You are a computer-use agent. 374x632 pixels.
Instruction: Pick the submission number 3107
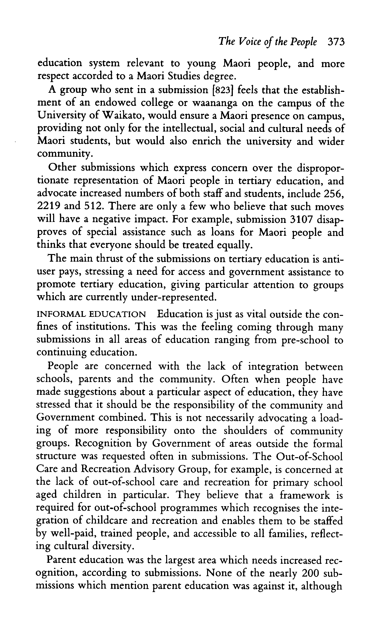pyautogui.click(x=300, y=219)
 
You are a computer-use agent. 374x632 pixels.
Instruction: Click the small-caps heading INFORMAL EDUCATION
pyautogui.click(x=91, y=314)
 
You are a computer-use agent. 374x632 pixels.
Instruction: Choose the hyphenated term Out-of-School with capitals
pyautogui.click(x=309, y=456)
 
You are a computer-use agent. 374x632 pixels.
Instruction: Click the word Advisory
pyautogui.click(x=154, y=469)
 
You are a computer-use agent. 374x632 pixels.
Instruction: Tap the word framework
pyautogui.click(x=304, y=495)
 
